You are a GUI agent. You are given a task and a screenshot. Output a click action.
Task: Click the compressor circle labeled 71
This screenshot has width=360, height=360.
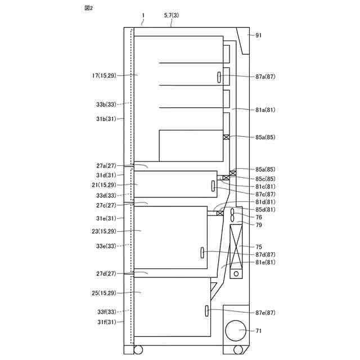point(236,331)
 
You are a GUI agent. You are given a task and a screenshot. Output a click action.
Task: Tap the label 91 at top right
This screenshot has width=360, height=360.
point(259,35)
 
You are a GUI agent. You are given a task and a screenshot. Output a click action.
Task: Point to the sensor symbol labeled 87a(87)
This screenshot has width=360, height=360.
point(219,76)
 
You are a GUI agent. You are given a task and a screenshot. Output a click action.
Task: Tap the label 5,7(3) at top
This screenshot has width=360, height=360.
point(171,16)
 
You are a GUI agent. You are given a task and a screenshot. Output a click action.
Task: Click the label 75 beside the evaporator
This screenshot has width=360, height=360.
point(259,246)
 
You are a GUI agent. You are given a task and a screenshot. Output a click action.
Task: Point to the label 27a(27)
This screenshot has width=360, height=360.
point(106,166)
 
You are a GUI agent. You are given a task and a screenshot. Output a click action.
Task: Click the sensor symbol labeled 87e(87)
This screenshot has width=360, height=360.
point(208,310)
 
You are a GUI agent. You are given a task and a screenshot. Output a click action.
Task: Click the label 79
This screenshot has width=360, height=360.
point(259,225)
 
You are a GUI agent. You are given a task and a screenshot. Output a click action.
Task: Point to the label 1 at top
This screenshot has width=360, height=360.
point(143,16)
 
